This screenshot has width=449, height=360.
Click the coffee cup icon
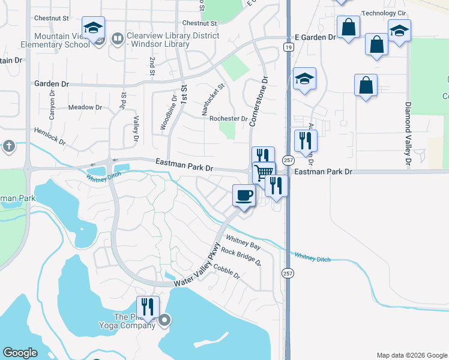tap(244, 195)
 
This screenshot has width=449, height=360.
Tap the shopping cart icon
tap(264, 173)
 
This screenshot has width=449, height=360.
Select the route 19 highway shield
tap(289, 47)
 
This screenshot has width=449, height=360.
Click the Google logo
tap(20, 353)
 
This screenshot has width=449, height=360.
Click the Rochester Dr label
tap(228, 119)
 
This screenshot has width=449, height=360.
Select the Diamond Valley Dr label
tap(408, 134)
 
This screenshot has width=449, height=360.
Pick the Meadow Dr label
tap(85, 107)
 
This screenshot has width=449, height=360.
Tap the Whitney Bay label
tap(243, 245)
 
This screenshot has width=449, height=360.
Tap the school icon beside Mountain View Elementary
tap(94, 27)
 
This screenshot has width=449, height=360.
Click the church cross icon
tap(8, 146)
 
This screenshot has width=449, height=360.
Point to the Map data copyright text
tap(411, 355)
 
